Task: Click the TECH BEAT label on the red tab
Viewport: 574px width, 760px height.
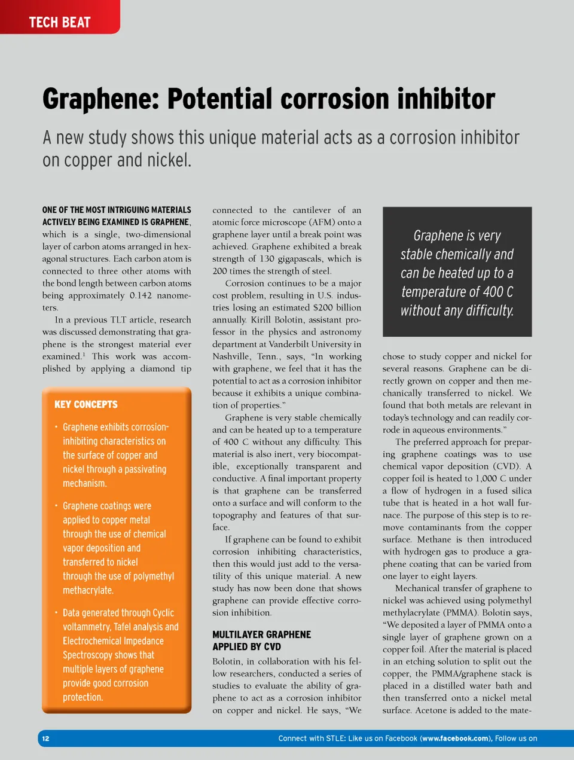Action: tap(60, 23)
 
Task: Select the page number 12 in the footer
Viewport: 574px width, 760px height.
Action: tap(46, 738)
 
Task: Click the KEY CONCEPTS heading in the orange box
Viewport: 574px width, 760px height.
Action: tap(86, 405)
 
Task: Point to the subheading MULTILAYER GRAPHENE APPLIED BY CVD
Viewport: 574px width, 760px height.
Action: tap(261, 640)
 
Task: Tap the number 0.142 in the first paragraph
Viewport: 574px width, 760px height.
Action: tap(142, 295)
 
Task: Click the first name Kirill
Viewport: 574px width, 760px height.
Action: tap(261, 320)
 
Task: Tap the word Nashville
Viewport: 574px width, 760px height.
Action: tap(231, 356)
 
